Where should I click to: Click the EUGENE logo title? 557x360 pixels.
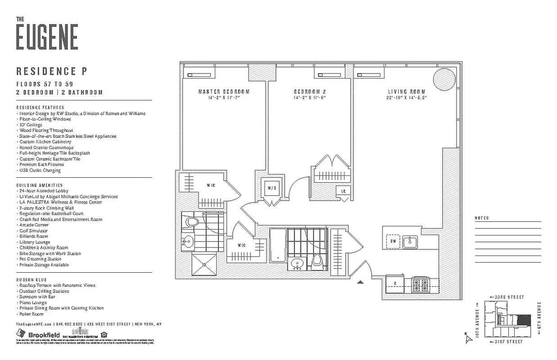point(47,36)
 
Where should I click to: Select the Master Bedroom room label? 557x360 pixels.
point(224,92)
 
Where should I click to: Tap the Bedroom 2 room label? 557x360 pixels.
point(309,92)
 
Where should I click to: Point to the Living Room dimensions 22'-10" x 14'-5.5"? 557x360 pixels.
point(407,98)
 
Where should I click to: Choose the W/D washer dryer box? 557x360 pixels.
point(272,188)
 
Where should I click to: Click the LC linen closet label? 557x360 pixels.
point(344,191)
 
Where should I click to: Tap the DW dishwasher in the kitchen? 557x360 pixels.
point(394,242)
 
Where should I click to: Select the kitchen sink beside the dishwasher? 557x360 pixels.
point(411,242)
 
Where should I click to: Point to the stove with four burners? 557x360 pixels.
point(420,284)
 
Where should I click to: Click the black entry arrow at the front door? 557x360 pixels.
point(360,282)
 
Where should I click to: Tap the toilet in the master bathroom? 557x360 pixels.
point(192,222)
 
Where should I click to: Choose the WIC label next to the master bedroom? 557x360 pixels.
point(211,185)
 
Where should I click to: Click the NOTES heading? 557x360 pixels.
point(481,218)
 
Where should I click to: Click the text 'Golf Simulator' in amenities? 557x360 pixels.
point(34,230)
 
